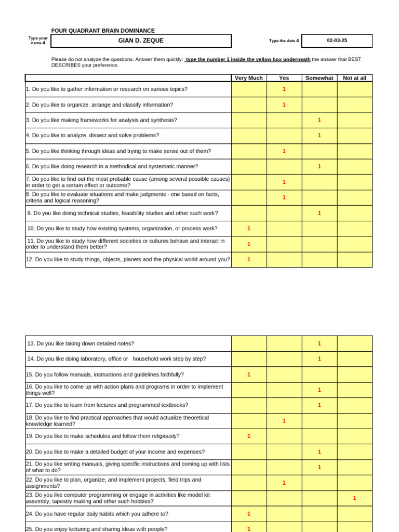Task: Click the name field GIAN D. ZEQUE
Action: pos(141,41)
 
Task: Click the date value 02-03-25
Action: pos(337,41)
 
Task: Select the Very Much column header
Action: pos(249,78)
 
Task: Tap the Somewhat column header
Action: pos(319,78)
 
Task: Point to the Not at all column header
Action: pos(354,78)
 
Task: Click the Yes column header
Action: pos(284,78)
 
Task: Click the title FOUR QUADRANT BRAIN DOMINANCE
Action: pos(103,31)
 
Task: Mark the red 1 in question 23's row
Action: pos(354,498)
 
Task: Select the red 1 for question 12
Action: pos(249,259)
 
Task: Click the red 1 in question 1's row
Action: pos(284,89)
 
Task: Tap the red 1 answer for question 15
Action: pos(249,375)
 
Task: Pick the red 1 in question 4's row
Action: pos(319,136)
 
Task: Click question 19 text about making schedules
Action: pos(103,436)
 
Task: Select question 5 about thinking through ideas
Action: pos(118,151)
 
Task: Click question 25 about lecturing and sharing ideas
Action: pos(97,529)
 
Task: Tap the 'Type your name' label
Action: pos(38,41)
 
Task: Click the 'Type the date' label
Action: pos(284,41)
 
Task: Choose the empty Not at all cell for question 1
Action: pos(354,89)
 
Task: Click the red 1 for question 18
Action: pos(284,421)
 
